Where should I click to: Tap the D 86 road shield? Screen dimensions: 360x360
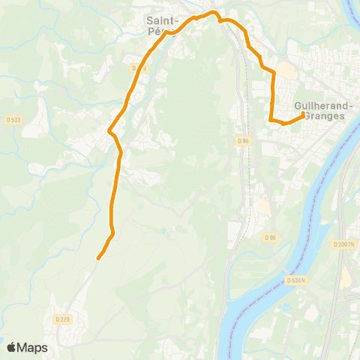pyautogui.click(x=241, y=140)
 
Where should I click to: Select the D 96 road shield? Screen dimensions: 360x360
pyautogui.click(x=270, y=237)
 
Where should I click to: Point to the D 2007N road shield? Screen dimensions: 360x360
pyautogui.click(x=343, y=244)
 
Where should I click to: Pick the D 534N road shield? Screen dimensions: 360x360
pyautogui.click(x=296, y=279)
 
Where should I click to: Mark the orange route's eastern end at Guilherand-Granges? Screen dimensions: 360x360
pyautogui.click(x=303, y=115)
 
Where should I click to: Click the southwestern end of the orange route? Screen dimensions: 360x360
pyautogui.click(x=98, y=259)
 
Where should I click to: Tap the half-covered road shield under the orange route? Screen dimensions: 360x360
pyautogui.click(x=137, y=68)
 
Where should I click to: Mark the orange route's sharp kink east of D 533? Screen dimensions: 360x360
pyautogui.click(x=109, y=131)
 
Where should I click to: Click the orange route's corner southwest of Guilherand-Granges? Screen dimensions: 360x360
pyautogui.click(x=270, y=119)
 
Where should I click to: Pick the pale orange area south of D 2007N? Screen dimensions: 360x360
pyautogui.click(x=347, y=277)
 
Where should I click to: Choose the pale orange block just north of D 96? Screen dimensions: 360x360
pyautogui.click(x=262, y=206)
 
